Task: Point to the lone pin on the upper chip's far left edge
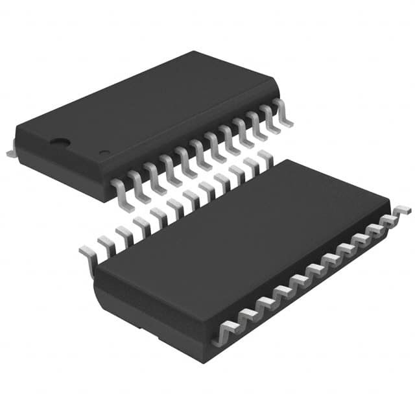click(11, 151)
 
